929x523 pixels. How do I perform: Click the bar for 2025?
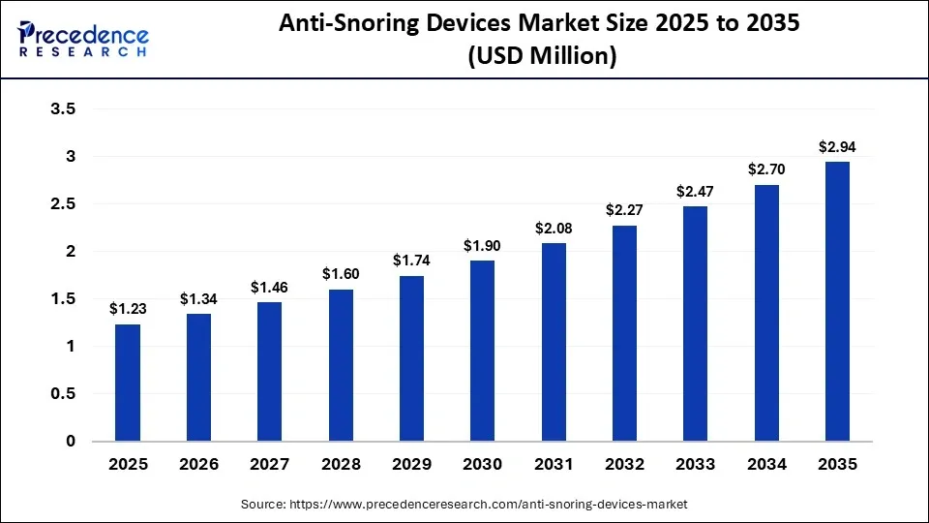(x=128, y=383)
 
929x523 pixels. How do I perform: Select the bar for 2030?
(x=483, y=351)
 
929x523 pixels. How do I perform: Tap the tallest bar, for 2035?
(x=837, y=301)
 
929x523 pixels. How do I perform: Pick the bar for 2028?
(x=341, y=365)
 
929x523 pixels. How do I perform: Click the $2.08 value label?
(x=554, y=228)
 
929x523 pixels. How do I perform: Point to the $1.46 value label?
(x=270, y=287)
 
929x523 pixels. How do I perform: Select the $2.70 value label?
(x=766, y=169)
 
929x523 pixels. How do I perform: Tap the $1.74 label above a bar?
(x=411, y=261)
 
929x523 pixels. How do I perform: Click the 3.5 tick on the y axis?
(x=63, y=109)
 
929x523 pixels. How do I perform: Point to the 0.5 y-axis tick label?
(x=63, y=394)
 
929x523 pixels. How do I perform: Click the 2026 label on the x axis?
(x=198, y=465)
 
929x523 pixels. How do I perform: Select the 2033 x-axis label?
(x=696, y=465)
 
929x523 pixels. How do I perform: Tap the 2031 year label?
(x=554, y=465)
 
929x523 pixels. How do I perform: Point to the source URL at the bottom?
(x=464, y=505)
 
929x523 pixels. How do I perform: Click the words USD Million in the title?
(x=542, y=57)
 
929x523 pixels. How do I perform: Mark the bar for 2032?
(x=624, y=333)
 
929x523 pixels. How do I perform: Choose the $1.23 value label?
(x=128, y=309)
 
